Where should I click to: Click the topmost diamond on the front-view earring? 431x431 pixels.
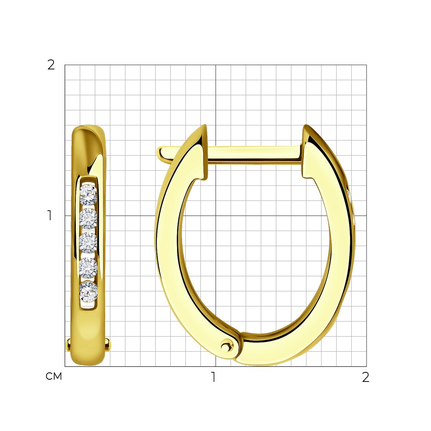coord(88,195)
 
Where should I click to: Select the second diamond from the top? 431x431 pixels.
coord(88,219)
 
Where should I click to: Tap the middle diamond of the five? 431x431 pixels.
coord(88,243)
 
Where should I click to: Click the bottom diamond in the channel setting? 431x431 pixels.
coord(88,292)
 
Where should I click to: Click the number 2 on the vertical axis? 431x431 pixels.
coord(51,65)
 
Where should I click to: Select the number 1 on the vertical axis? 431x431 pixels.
coord(50,215)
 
